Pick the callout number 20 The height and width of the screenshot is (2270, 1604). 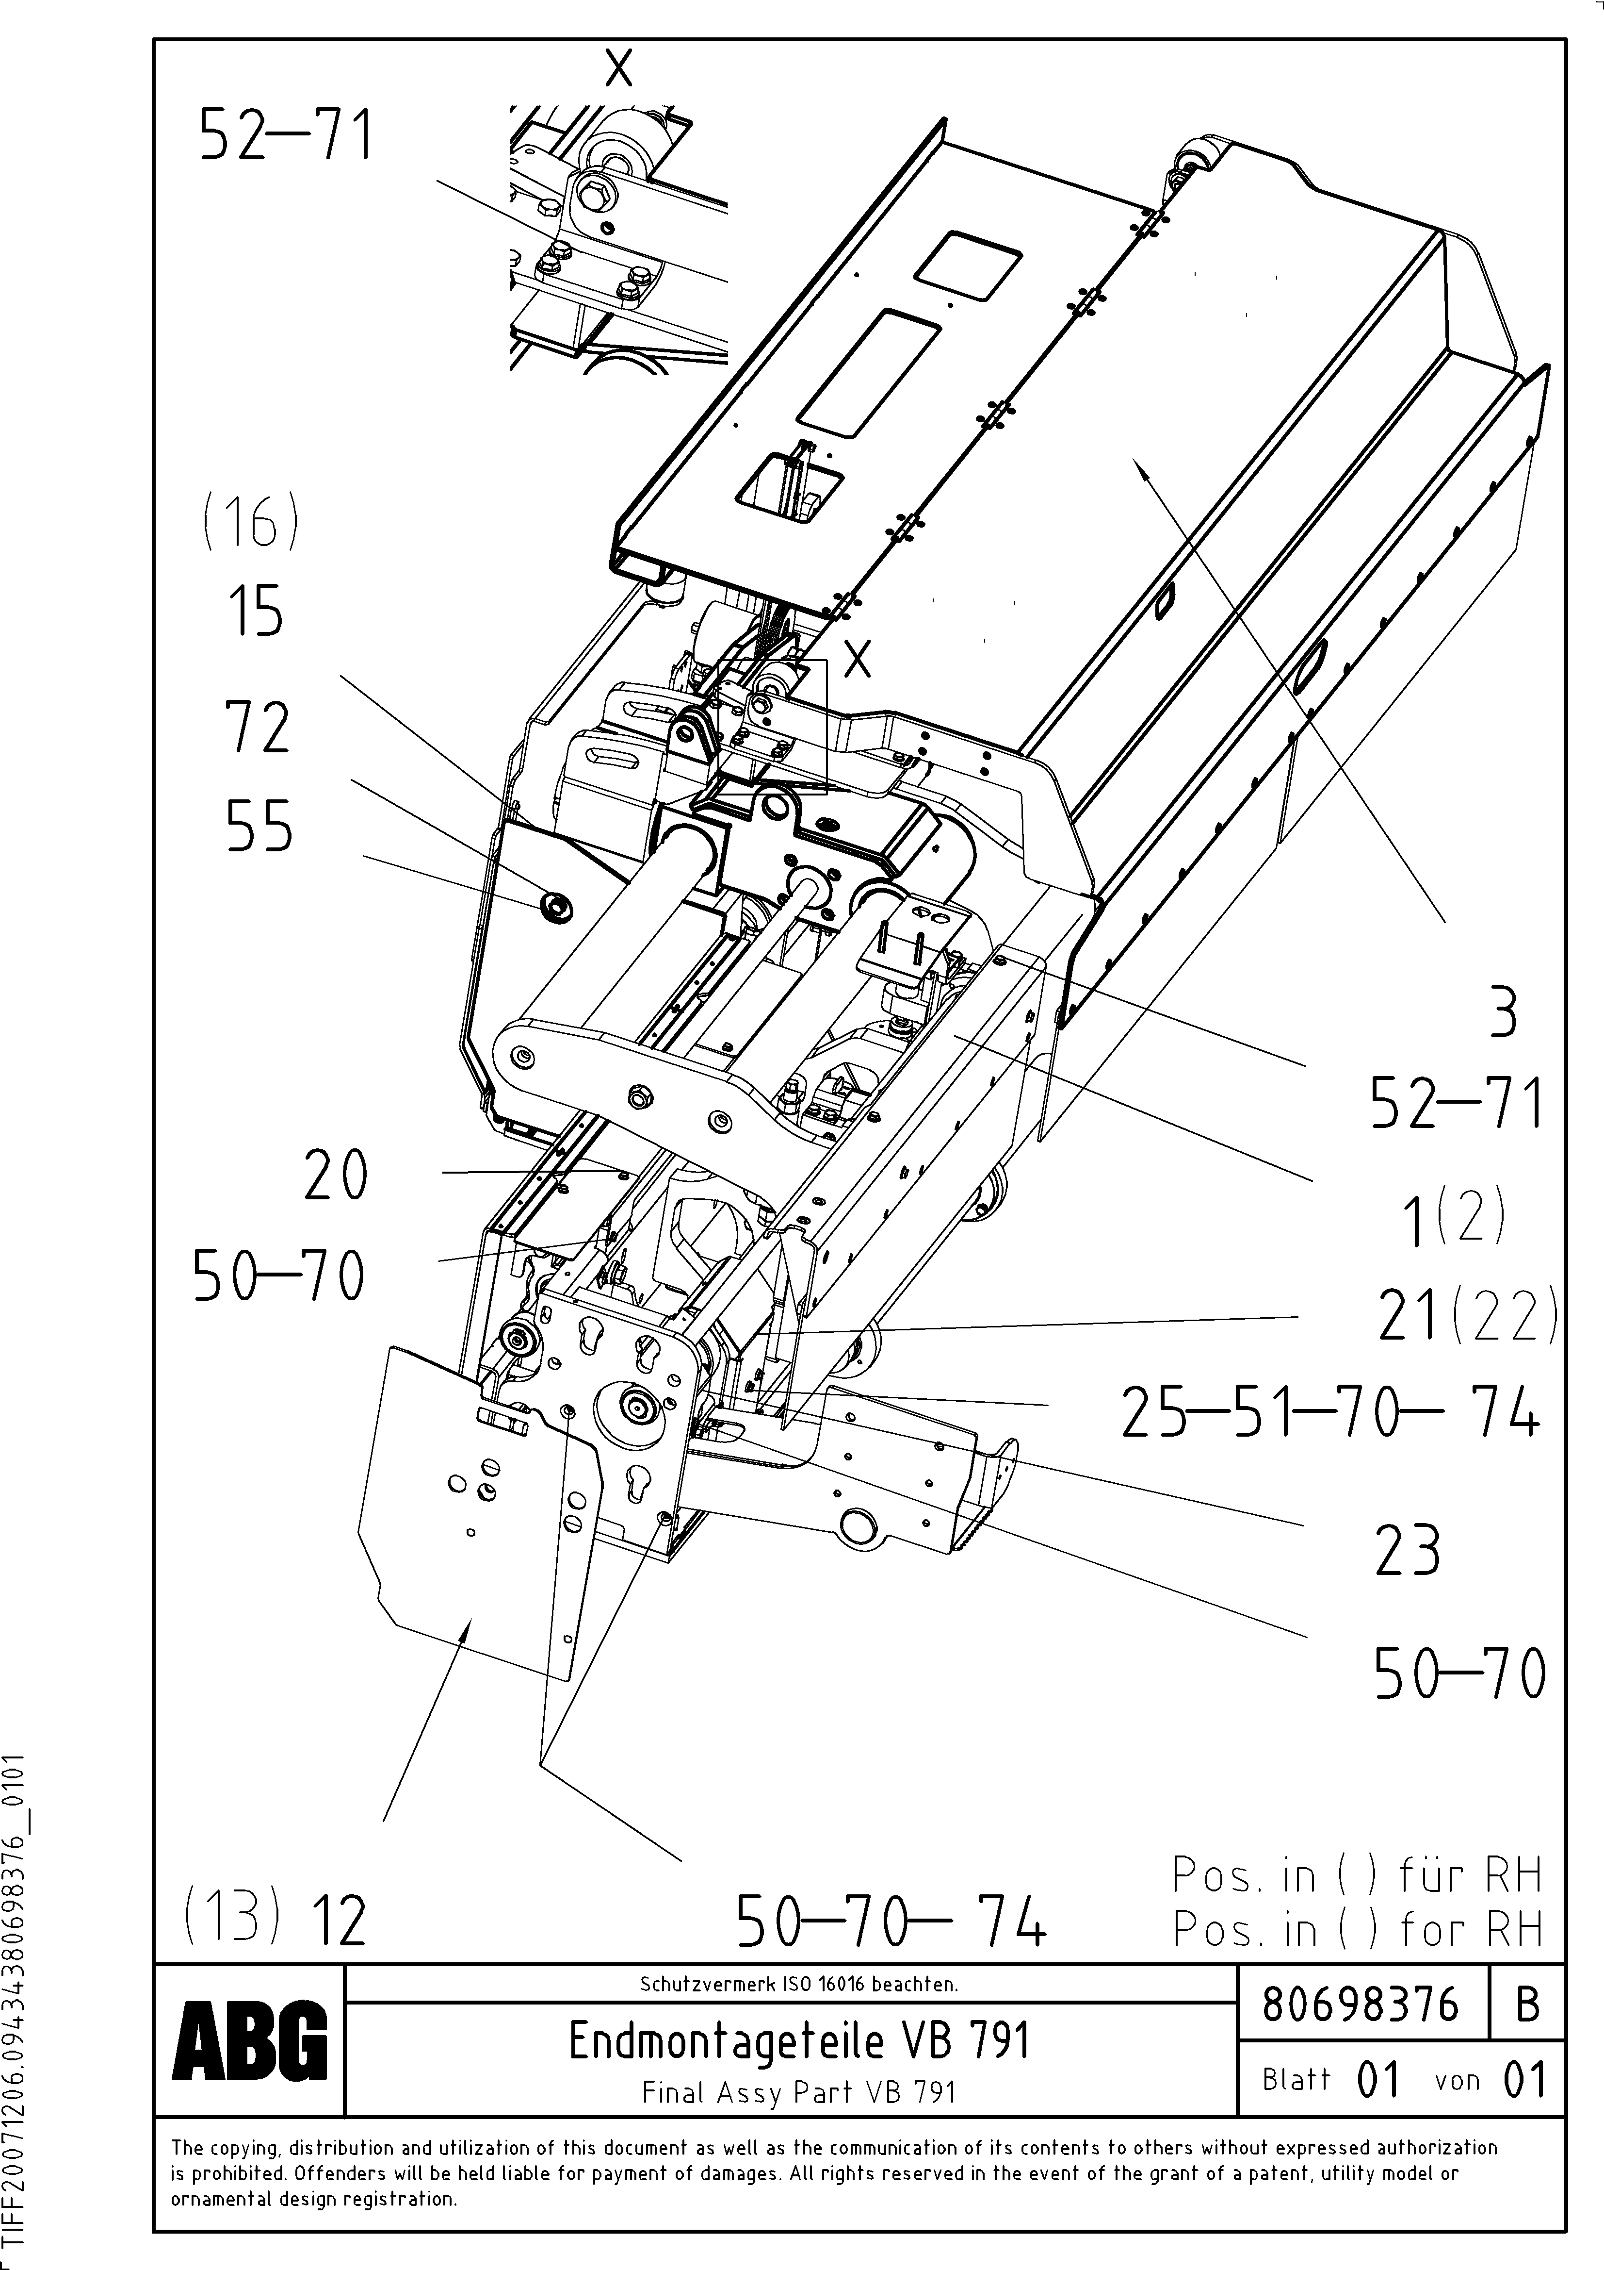(x=336, y=1176)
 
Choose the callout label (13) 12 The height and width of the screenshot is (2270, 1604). (x=275, y=1918)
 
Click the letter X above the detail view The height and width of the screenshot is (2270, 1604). (x=619, y=69)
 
